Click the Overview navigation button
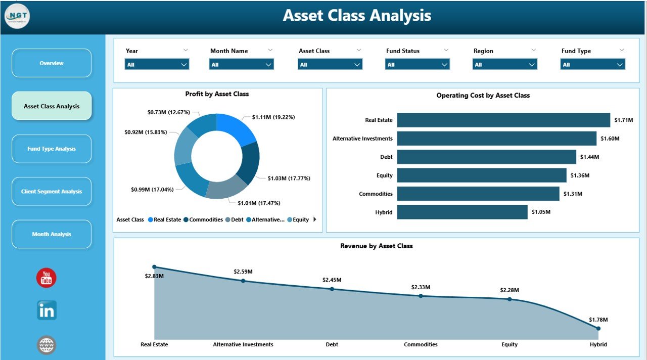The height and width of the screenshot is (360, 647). tap(52, 63)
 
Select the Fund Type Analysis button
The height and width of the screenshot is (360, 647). tap(52, 149)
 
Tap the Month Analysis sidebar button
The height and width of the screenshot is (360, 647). tap(52, 234)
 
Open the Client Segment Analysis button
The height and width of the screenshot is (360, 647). tap(52, 192)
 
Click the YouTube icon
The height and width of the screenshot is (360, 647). tap(47, 278)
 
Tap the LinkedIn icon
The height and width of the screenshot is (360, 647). tap(47, 310)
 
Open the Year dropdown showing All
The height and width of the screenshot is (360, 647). tap(157, 65)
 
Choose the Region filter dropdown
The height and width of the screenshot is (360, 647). tap(504, 65)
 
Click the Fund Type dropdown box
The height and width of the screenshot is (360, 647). tap(592, 65)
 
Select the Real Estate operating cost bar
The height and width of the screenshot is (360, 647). tap(503, 120)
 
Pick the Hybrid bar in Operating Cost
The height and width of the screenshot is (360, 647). tap(462, 212)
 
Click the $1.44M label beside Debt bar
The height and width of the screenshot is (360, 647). tap(589, 157)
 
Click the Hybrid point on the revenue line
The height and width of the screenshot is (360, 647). tap(598, 328)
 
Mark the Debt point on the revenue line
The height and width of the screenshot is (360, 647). tap(332, 289)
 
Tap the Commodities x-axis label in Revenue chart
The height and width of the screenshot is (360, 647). tap(421, 344)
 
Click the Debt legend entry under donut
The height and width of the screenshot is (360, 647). tap(234, 220)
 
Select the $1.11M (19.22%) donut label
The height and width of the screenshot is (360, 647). tap(273, 117)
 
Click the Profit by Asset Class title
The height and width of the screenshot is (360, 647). tap(217, 94)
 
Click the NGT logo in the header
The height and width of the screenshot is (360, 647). tap(17, 16)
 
